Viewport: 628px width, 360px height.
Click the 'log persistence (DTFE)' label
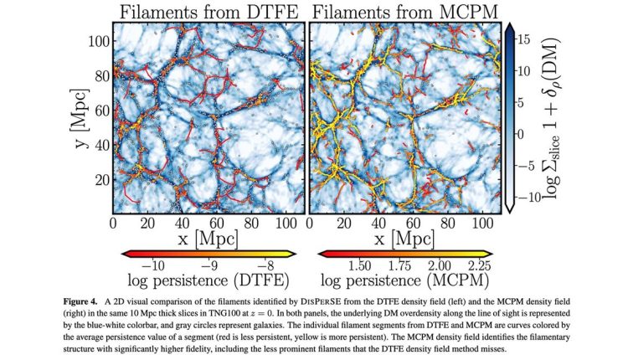click(x=208, y=278)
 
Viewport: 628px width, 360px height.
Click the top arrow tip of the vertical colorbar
click(x=508, y=26)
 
